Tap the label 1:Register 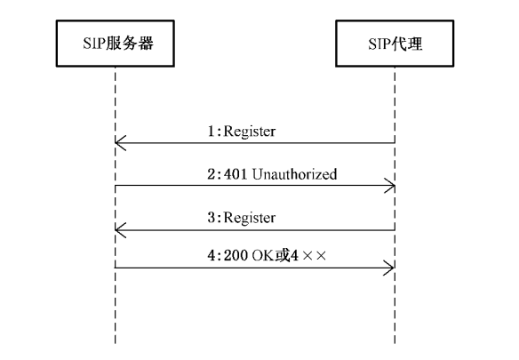(x=242, y=132)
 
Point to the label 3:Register (x=242, y=218)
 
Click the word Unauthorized (x=294, y=174)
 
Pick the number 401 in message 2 (x=236, y=174)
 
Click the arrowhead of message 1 (x=121, y=143)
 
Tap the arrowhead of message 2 (x=389, y=186)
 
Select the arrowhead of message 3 (x=121, y=230)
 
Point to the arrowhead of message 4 (x=388, y=268)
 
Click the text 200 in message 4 (x=236, y=255)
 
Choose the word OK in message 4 (x=263, y=255)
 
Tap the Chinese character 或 (x=282, y=255)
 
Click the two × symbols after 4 (x=315, y=256)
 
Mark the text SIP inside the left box (x=93, y=44)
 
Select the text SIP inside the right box (x=379, y=44)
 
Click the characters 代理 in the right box (x=407, y=44)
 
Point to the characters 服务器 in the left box (x=130, y=44)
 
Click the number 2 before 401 (x=212, y=174)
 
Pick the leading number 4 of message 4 (x=212, y=255)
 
